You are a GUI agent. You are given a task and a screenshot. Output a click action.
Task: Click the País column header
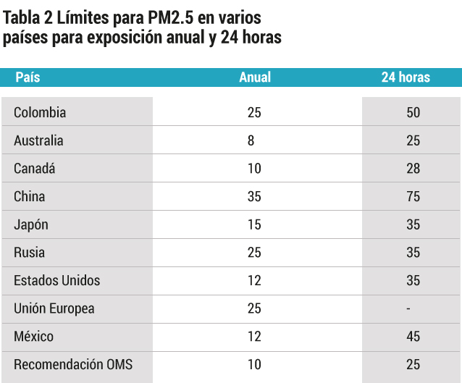pos(28,77)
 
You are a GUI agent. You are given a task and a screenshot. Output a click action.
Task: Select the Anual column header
pos(255,77)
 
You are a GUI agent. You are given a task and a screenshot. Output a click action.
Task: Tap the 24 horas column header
pos(406,77)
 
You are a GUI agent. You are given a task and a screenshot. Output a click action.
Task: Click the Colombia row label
pos(40,112)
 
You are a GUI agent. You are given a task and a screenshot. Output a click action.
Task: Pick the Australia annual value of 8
pos(251,140)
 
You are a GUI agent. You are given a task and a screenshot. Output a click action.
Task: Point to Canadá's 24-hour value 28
pos(413,169)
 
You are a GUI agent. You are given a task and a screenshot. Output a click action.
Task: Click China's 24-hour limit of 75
pos(413,196)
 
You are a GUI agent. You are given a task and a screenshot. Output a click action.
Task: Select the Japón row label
pos(31,224)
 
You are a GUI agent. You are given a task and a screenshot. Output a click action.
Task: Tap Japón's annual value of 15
pos(254,224)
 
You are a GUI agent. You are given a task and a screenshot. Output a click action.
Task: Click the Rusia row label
pos(29,253)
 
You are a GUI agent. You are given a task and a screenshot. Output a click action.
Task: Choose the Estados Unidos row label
pos(57,280)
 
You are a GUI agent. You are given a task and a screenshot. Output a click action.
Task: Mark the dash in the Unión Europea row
pos(408,308)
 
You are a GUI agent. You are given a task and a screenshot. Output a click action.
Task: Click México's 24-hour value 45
pos(413,337)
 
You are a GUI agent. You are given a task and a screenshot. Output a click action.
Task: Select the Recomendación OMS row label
pos(73,364)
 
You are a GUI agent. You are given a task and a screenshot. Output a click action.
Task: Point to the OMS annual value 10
pos(254,364)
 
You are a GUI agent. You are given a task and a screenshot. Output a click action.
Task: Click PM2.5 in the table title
pos(171,17)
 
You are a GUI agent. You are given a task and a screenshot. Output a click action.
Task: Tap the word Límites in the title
pos(83,17)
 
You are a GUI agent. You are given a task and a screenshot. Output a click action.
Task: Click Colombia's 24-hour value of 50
pos(413,112)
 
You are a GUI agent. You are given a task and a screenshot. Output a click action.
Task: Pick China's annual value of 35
pos(254,196)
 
